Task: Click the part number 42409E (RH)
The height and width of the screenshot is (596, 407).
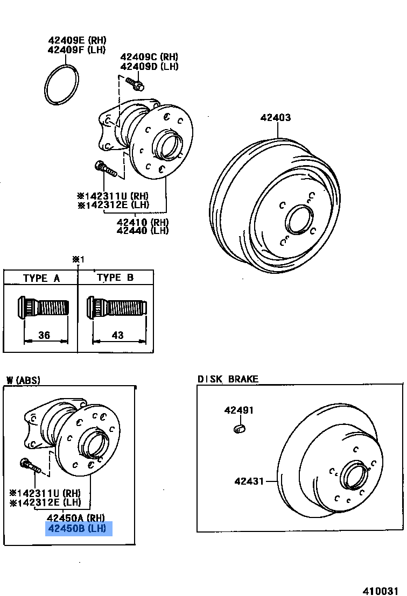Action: (x=78, y=40)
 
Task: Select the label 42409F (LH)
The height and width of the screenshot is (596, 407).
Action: (x=78, y=50)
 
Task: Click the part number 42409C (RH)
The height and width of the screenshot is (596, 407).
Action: (x=149, y=57)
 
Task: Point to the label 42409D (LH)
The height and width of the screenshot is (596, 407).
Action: (x=149, y=67)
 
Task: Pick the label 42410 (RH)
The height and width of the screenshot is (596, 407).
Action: (x=143, y=221)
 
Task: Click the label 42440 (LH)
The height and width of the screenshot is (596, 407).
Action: (x=143, y=231)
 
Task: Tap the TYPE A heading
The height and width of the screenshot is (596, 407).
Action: (x=41, y=278)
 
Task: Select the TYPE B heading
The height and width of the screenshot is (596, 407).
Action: (x=115, y=278)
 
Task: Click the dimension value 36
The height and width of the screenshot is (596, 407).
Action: (x=44, y=335)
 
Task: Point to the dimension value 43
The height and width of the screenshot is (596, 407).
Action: (x=117, y=335)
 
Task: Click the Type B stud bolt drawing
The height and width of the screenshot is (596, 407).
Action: (x=116, y=308)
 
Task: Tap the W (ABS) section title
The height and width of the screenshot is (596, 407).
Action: (x=23, y=380)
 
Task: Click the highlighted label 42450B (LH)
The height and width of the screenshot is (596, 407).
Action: (x=79, y=529)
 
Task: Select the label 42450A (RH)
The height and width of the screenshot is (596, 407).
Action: (x=79, y=519)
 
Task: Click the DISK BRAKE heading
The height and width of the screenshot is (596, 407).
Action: (x=228, y=379)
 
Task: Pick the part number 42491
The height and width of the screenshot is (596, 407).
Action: (x=238, y=410)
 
